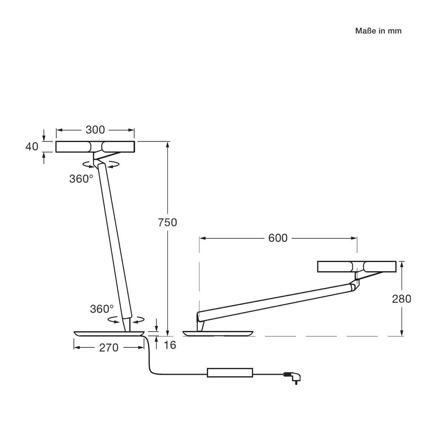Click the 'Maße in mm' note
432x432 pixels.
point(378,31)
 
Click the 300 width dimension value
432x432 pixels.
point(95,130)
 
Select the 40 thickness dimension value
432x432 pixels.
point(32,147)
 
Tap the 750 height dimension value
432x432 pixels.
point(167,222)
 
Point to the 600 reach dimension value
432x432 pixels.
point(278,238)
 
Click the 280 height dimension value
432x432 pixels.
point(401,299)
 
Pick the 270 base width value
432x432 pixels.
point(109,348)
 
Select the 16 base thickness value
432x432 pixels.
point(170,345)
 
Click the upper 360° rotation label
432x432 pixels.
point(81,179)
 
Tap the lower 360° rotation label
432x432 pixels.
point(102,309)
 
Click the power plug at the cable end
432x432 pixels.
point(292,378)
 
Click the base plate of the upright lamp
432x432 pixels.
point(109,334)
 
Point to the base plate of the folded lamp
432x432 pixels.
point(218,334)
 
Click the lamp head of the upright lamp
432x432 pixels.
point(95,147)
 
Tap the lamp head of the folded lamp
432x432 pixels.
point(357,266)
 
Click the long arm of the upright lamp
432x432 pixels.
point(114,241)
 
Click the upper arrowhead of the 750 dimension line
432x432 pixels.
point(168,145)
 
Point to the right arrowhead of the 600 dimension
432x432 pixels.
point(354,238)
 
